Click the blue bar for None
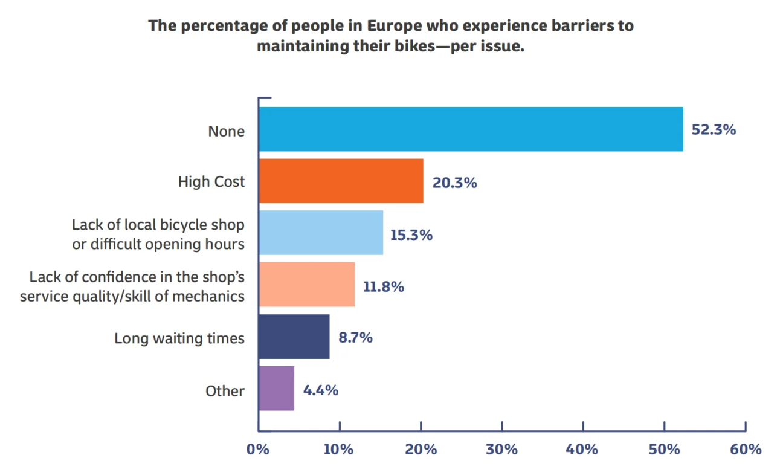point(471,129)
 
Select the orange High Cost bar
point(341,181)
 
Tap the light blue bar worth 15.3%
point(321,233)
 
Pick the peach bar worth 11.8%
point(306,285)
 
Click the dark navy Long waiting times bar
point(294,337)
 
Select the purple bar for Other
point(276,389)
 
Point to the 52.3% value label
point(714,129)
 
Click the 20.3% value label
point(454,182)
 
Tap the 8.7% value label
point(355,337)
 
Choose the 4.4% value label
point(321,390)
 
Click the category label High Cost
point(211,182)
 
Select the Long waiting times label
point(179,338)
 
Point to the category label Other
point(225,391)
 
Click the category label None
point(227,131)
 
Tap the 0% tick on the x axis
point(258,450)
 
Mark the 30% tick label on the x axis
point(502,450)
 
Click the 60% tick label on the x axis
point(746,450)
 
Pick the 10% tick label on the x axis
point(339,450)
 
